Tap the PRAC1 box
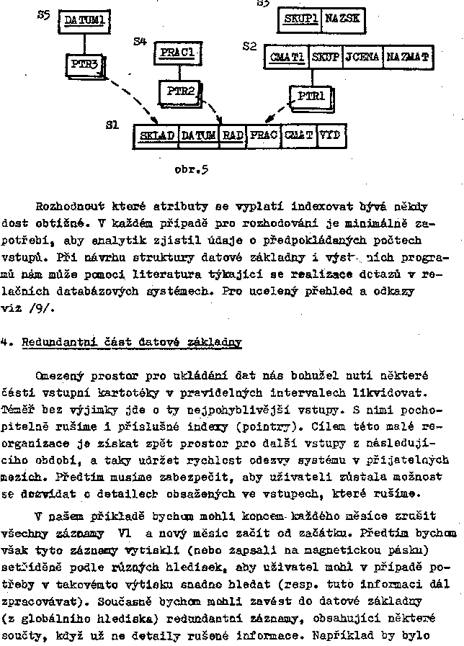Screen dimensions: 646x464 [177, 53]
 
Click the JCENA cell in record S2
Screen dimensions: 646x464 [362, 56]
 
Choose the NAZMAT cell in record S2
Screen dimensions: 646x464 [407, 56]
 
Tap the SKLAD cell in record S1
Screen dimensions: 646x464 [156, 135]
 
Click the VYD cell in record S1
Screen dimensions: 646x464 [330, 135]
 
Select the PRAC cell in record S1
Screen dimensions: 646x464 [263, 135]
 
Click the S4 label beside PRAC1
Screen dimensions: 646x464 [140, 42]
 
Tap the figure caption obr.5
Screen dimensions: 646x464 [192, 170]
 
